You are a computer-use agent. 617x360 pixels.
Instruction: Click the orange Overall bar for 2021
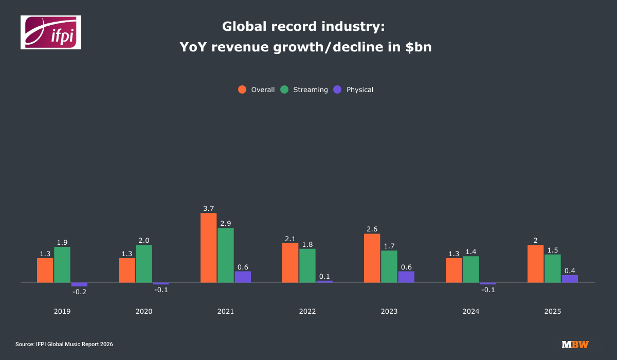(208, 248)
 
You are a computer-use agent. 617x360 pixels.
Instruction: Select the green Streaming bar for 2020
(144, 264)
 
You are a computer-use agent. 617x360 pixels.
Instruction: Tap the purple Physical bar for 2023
(406, 277)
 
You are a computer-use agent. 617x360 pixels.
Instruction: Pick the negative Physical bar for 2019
(79, 284)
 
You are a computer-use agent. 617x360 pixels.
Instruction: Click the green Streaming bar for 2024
(471, 269)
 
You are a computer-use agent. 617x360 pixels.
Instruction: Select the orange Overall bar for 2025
(535, 264)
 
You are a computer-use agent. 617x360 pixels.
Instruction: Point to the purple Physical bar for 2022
(324, 281)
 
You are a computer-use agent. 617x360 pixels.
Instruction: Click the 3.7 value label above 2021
(208, 208)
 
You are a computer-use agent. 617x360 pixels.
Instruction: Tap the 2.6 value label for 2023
(372, 229)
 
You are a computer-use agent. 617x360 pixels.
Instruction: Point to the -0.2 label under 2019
(79, 292)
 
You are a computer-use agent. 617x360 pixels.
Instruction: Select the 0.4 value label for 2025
(570, 271)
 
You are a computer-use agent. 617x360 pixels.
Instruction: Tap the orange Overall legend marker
(242, 89)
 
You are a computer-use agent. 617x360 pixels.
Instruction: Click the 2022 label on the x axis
(307, 311)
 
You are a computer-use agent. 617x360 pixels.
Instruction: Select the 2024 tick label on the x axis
(471, 311)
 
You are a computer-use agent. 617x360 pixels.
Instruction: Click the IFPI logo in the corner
(51, 32)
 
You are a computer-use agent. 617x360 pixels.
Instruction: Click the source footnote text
(64, 344)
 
